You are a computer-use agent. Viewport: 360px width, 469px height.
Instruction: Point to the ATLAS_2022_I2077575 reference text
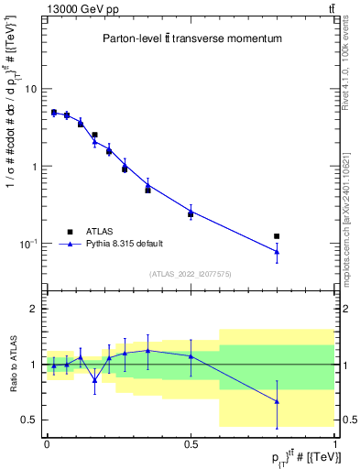[x=190, y=274]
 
